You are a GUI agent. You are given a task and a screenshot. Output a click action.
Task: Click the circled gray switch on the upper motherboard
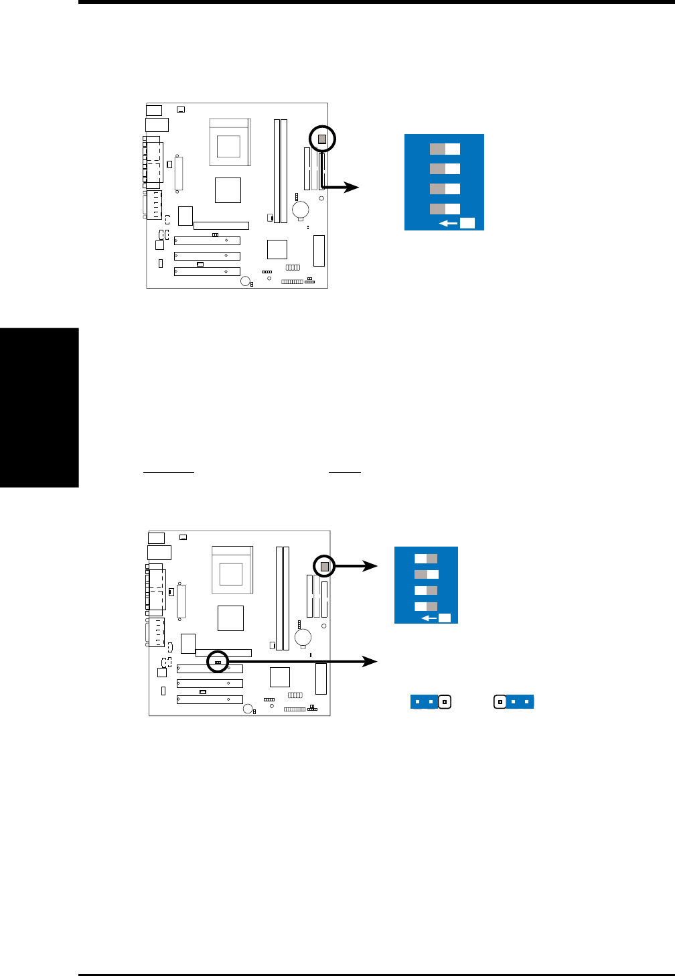[322, 139]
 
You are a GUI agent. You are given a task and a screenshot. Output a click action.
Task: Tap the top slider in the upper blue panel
[445, 149]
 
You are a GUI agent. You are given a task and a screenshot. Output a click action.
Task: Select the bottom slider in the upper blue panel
[445, 208]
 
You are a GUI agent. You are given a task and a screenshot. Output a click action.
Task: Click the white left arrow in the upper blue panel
[448, 224]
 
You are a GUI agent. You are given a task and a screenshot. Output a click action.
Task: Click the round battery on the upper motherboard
[301, 209]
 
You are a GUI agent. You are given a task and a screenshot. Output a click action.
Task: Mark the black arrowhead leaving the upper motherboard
[352, 188]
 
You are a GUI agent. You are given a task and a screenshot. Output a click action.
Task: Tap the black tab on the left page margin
[39, 407]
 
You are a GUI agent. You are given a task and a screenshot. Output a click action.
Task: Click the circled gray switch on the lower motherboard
[325, 567]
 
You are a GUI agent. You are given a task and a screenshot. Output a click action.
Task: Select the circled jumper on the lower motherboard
[218, 661]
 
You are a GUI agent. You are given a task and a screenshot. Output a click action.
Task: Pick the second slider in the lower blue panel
[426, 574]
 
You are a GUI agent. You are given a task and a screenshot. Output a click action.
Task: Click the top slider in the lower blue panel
[426, 558]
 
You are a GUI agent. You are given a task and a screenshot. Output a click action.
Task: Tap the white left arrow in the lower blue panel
[429, 618]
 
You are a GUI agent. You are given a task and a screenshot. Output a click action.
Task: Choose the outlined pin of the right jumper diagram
[500, 702]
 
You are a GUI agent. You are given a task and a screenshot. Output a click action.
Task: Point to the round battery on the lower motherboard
[303, 636]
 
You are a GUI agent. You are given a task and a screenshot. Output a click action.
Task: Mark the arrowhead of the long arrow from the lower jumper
[370, 661]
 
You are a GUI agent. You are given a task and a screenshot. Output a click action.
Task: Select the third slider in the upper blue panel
[445, 188]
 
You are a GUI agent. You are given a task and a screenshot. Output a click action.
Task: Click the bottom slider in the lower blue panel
[426, 606]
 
